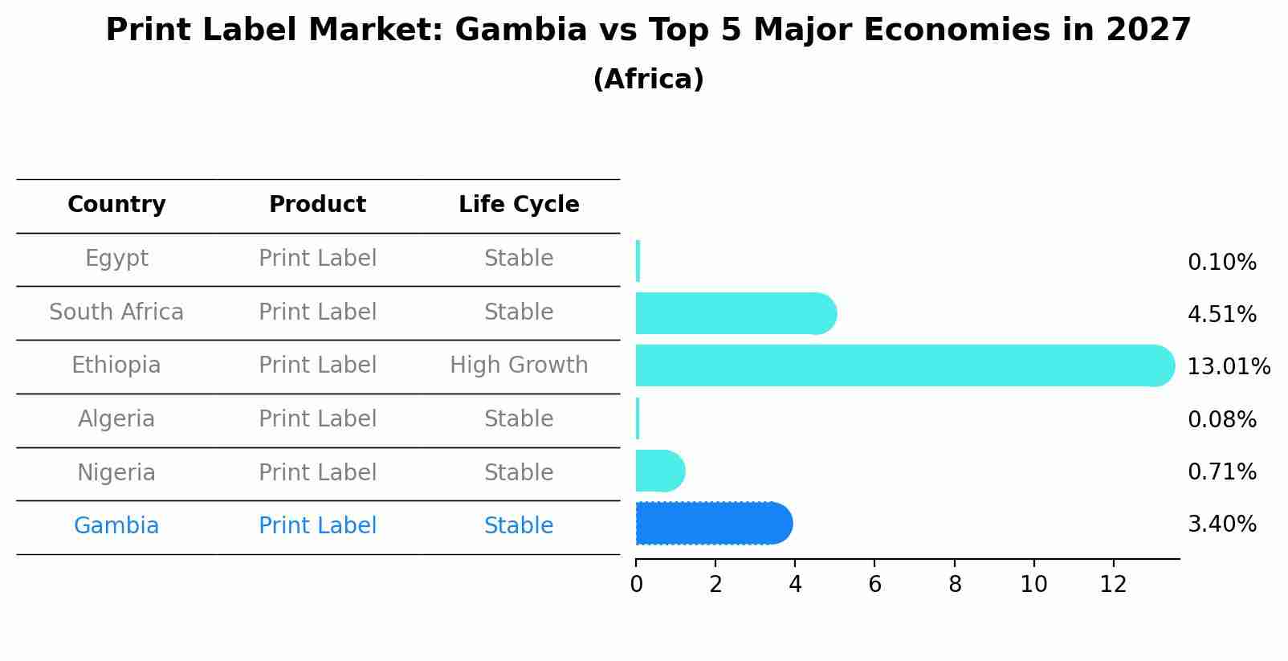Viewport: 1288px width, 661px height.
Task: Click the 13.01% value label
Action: (x=1229, y=367)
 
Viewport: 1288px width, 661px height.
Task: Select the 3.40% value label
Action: (x=1221, y=524)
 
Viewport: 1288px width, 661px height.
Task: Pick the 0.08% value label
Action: (x=1221, y=420)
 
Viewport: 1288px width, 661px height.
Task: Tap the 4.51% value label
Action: (x=1221, y=315)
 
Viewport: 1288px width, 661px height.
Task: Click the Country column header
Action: (x=116, y=205)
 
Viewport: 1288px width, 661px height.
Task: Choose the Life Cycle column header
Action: (x=519, y=205)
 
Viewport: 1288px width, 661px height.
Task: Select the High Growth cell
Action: (x=519, y=365)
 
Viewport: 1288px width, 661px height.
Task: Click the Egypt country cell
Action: (x=116, y=259)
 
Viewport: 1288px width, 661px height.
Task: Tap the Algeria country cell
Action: (x=116, y=419)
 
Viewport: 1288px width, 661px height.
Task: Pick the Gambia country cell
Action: (x=116, y=526)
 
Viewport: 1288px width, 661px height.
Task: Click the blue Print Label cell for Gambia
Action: (x=317, y=526)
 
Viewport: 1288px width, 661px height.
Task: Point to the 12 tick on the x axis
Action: (x=1113, y=585)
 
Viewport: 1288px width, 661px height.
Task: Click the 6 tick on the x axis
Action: (x=874, y=585)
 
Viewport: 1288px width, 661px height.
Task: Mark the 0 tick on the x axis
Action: (x=636, y=585)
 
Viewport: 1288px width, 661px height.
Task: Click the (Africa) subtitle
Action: (x=648, y=80)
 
